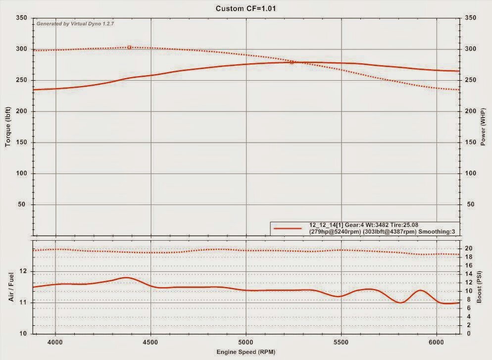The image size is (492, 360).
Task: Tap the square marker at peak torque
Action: coord(129,47)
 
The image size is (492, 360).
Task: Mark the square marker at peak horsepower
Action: coord(292,62)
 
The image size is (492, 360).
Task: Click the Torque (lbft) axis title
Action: coord(8,126)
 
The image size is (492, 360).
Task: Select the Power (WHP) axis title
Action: coord(484,126)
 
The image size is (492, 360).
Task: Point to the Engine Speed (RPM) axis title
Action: coord(246,352)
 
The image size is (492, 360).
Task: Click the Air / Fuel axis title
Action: coord(10,287)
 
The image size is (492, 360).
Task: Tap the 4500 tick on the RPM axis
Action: coord(150,342)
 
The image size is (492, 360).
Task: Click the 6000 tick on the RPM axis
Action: coord(437,342)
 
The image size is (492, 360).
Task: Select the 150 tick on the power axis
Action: coord(471,143)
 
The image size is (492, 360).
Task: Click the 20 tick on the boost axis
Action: coord(469,248)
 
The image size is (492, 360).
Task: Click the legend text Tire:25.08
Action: coord(404,225)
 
